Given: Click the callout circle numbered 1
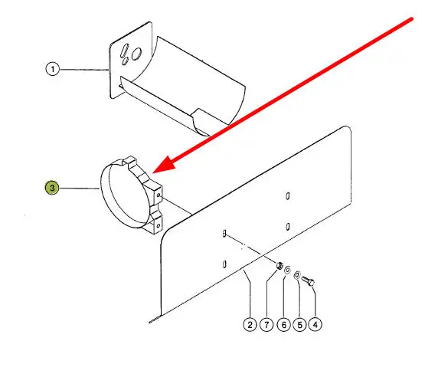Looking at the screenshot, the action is point(52,69).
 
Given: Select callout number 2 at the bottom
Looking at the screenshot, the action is point(250,324).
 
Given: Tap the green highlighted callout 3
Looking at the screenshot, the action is point(52,188).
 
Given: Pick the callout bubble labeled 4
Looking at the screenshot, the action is point(315,324).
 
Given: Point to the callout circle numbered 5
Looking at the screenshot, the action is point(299,324).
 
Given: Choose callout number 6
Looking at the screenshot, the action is point(284,324).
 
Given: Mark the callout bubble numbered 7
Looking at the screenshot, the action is point(266,324).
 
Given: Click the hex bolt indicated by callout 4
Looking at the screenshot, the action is point(308,280).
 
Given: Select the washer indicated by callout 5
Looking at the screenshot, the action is point(297,275).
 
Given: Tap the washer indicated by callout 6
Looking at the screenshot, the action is point(287,270).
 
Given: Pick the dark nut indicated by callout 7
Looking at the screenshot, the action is point(280,266).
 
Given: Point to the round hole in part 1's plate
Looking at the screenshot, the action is point(136,54).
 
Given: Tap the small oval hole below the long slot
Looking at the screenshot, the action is point(125,61).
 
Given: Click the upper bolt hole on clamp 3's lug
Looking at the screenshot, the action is point(159,195).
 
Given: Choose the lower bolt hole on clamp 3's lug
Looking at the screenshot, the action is point(159,225).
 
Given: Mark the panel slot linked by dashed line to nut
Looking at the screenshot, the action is point(224,233).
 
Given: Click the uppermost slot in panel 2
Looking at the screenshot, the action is point(288,196).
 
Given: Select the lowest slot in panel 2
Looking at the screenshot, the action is point(224,264).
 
